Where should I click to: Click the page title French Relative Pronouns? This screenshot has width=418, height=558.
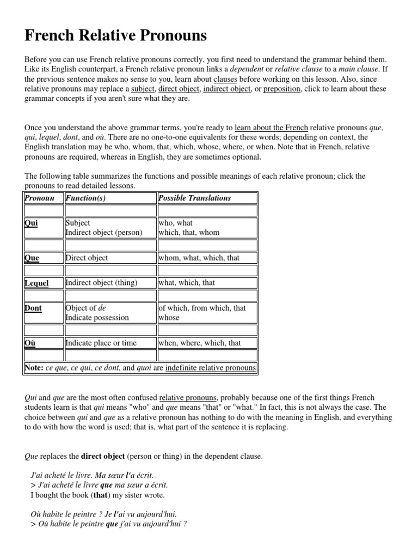(x=116, y=36)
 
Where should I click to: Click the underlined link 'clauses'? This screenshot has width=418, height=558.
(x=225, y=79)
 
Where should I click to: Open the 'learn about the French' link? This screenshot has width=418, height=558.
(x=272, y=128)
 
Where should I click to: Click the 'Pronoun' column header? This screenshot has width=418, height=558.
(x=40, y=198)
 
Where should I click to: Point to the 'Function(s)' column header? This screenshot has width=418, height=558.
(x=85, y=198)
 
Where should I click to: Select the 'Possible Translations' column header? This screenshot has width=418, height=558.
(x=194, y=198)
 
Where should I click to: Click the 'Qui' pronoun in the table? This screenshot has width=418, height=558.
(x=31, y=223)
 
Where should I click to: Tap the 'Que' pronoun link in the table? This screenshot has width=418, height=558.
(x=32, y=258)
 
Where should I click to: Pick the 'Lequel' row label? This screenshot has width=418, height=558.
(x=36, y=283)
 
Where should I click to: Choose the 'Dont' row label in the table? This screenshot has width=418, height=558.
(x=33, y=308)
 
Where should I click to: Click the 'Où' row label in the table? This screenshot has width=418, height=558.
(x=30, y=343)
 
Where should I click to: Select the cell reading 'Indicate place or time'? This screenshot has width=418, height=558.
(x=101, y=343)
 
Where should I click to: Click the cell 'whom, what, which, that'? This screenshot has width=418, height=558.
(x=199, y=258)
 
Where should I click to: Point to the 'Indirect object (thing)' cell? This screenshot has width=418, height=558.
(x=101, y=283)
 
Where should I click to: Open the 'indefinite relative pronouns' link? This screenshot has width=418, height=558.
(x=210, y=368)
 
